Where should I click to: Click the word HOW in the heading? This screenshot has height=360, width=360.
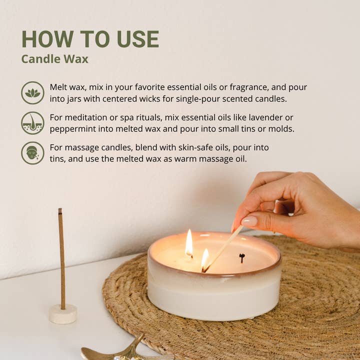[x=42, y=39]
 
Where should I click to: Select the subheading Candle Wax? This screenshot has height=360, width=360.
[x=54, y=59]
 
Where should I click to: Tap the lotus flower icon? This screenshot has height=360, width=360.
[x=32, y=92]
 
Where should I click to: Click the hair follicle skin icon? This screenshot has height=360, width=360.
[x=32, y=123]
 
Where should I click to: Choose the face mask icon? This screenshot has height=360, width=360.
[x=32, y=153]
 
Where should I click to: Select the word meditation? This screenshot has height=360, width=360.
[x=88, y=117]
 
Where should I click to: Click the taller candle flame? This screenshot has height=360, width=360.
[x=189, y=243]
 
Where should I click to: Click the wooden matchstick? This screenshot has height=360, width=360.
[x=223, y=247]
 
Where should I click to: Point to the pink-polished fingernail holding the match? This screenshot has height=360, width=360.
[x=248, y=221]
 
